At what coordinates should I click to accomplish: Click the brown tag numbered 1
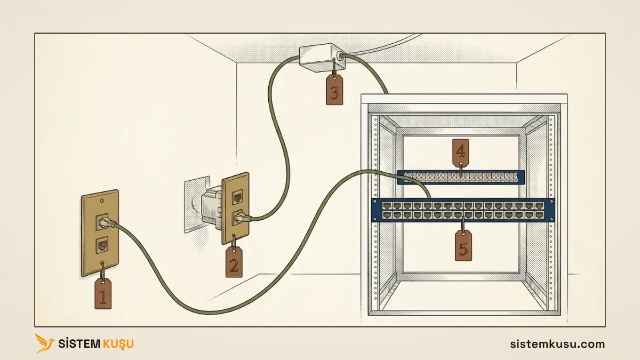pos(103,294)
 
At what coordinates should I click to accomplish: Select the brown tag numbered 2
pos(234,262)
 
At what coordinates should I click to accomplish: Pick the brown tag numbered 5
pos(463,246)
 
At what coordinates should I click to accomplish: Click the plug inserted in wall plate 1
pos(107,222)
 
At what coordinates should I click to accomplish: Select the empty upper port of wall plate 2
pos(238,197)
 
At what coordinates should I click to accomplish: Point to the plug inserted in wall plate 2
pos(243,219)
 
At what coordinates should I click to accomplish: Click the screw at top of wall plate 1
pos(101,201)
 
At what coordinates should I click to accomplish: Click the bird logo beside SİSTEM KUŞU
pos(44,343)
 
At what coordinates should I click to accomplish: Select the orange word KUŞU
pos(118,343)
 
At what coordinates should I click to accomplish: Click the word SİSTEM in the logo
pos(79,343)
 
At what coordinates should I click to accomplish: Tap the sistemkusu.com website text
pos(557,343)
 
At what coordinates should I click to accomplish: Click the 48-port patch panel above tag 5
pos(463,210)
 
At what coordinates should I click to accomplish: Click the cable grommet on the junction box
pos(339,55)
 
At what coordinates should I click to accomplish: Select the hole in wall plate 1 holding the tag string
pos(102,263)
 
